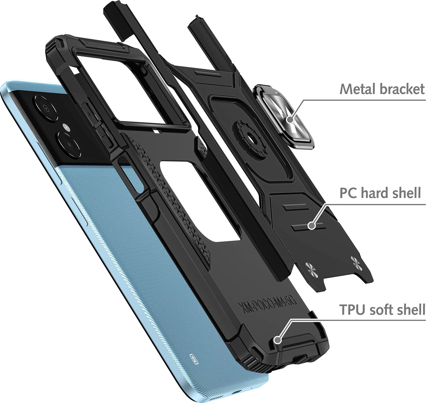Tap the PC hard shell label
[380, 193]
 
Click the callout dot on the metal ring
[290, 120]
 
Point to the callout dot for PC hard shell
[311, 225]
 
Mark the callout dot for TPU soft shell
[278, 340]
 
